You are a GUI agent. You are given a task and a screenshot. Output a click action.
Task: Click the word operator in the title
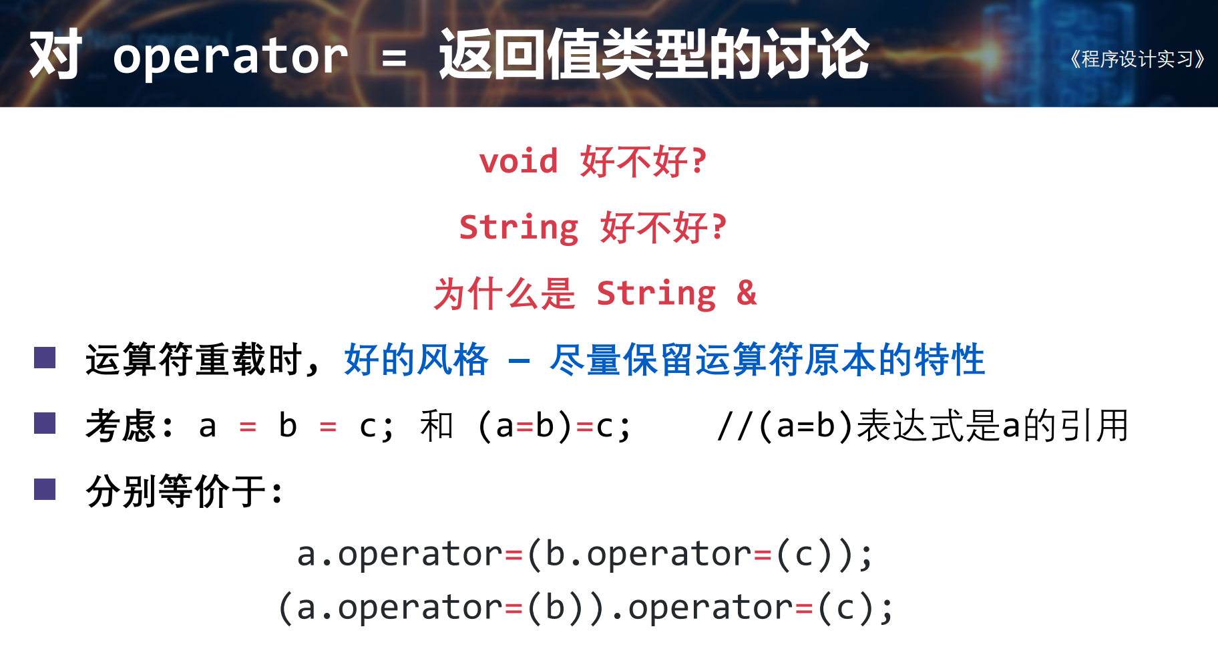click(x=230, y=56)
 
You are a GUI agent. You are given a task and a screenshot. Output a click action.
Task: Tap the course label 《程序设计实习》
click(x=1137, y=59)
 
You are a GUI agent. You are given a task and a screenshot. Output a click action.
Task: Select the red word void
click(x=519, y=162)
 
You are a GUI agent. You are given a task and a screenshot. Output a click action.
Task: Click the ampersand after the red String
click(x=747, y=293)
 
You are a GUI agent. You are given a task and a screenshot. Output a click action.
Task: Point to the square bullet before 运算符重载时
click(x=45, y=358)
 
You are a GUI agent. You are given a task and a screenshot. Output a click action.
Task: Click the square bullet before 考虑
click(x=45, y=423)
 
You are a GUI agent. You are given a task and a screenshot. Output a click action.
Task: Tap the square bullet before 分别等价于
click(x=45, y=489)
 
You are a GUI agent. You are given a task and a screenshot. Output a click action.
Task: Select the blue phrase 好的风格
click(x=416, y=360)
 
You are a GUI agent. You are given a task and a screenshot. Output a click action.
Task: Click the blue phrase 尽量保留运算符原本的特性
click(x=767, y=360)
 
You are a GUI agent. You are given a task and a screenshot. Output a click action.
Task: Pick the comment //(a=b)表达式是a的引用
click(x=923, y=426)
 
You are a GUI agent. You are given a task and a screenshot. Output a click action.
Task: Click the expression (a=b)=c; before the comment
click(x=554, y=426)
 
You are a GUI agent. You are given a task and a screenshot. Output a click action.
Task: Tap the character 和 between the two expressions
click(x=437, y=426)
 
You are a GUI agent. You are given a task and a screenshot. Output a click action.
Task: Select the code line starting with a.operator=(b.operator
click(x=585, y=554)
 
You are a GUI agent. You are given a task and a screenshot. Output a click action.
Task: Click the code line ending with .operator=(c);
click(x=585, y=608)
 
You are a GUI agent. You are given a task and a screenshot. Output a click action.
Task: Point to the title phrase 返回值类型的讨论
click(x=654, y=55)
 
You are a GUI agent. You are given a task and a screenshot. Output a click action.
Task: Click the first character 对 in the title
click(x=55, y=55)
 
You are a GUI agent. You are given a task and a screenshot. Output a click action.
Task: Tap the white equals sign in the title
click(x=394, y=59)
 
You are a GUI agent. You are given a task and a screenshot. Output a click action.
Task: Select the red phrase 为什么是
click(x=504, y=293)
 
